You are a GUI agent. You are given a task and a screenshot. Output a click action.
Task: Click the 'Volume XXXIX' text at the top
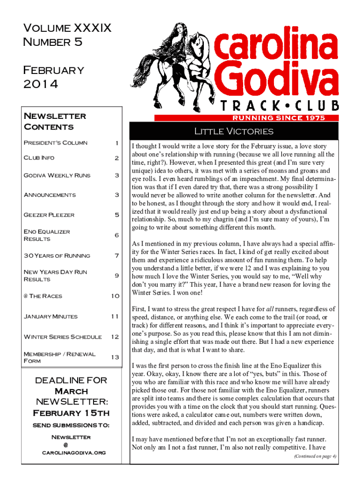(67, 29)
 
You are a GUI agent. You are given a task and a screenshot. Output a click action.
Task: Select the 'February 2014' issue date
(53, 77)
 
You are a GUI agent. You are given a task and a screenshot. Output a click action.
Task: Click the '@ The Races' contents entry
(43, 296)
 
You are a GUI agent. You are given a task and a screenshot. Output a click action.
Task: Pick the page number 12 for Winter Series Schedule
(115, 337)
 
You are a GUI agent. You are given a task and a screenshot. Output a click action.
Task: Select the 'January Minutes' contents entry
(50, 316)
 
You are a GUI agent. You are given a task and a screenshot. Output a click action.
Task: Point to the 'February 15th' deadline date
(72, 413)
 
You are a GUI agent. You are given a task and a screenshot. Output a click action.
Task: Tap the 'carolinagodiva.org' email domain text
(73, 453)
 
